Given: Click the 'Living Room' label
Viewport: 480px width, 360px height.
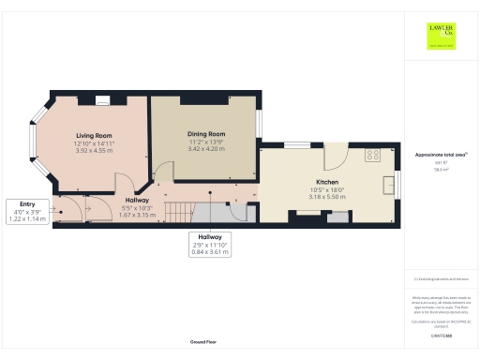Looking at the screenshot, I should [94, 136].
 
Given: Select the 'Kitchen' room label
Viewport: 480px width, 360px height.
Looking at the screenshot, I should [327, 182].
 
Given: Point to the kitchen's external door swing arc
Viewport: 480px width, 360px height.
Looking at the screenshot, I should [337, 156].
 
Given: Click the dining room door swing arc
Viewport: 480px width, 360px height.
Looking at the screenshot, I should [163, 172].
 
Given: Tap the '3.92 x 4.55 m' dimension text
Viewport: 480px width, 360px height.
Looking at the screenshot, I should [94, 150].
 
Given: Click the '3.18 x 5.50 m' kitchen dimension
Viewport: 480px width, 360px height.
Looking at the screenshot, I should [327, 197].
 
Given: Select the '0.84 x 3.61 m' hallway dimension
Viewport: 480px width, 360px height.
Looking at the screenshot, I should [204, 251].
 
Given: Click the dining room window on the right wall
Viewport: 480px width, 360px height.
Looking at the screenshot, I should [262, 122].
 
